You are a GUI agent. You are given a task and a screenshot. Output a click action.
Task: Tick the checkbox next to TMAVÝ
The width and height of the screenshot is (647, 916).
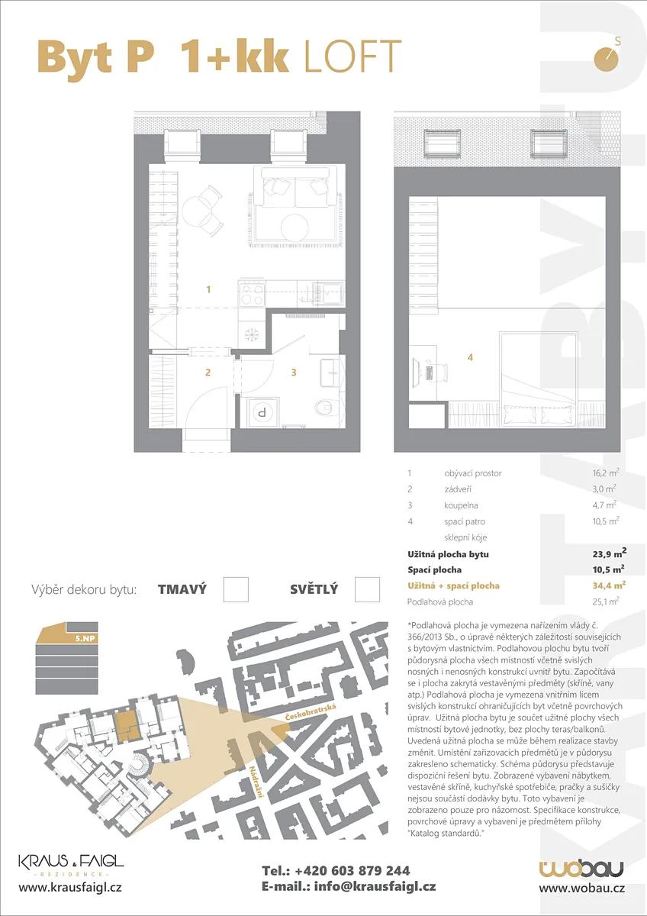[x=236, y=589]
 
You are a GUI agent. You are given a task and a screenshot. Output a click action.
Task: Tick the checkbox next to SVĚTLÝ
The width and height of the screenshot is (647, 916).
[x=367, y=589]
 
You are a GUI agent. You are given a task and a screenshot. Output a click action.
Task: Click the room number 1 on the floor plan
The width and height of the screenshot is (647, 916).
[x=208, y=289]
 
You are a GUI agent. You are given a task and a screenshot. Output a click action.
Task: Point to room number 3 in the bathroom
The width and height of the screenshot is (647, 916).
[x=294, y=373]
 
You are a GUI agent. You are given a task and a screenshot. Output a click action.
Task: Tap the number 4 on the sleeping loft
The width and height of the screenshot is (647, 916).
[x=470, y=357]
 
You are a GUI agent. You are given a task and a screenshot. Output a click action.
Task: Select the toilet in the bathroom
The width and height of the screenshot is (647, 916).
[x=325, y=408]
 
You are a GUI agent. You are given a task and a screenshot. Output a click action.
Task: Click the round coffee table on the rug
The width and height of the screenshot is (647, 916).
[x=295, y=227]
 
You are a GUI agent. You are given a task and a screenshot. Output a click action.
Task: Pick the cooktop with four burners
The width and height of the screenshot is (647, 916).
[x=252, y=294]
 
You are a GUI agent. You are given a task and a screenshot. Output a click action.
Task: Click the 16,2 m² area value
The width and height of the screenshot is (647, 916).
[x=606, y=473]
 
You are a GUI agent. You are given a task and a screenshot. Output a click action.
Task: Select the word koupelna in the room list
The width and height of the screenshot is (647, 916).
[x=461, y=505]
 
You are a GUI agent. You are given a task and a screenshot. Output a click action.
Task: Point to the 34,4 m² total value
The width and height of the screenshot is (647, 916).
[x=609, y=585]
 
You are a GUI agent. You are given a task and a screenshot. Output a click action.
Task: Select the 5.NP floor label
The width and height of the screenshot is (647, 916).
[x=85, y=638]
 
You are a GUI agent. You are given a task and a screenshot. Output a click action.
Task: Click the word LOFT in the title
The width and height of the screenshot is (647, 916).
[x=352, y=56]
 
